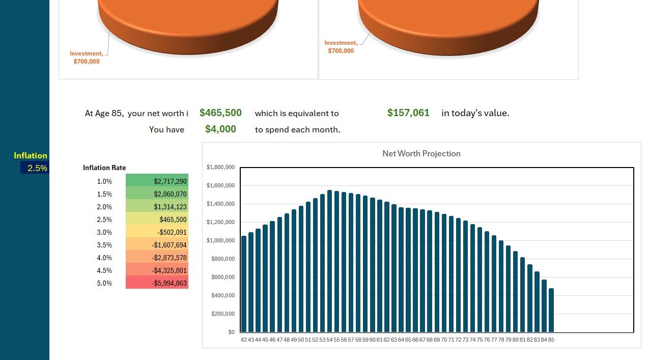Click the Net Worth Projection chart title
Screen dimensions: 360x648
click(x=421, y=153)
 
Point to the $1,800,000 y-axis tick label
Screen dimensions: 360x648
click(x=220, y=167)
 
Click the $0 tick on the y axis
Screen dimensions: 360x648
click(x=231, y=332)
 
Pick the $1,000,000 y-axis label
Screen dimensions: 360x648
click(x=220, y=240)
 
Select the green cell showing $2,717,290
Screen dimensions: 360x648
click(x=157, y=181)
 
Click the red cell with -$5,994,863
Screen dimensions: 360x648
click(x=157, y=283)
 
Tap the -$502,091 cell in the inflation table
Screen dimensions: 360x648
click(x=157, y=232)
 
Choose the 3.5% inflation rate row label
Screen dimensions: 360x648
click(x=104, y=245)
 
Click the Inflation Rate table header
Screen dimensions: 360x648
click(x=104, y=168)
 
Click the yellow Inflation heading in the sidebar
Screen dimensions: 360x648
click(x=31, y=156)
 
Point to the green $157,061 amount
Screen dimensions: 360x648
click(x=408, y=113)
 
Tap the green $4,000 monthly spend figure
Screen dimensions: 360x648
click(x=220, y=129)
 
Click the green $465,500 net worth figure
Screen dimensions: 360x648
click(x=220, y=113)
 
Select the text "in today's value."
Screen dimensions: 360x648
click(x=475, y=113)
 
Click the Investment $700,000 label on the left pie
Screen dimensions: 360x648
click(x=87, y=58)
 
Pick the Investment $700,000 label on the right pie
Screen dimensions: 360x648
click(x=341, y=47)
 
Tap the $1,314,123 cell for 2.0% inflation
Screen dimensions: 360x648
click(x=157, y=207)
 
